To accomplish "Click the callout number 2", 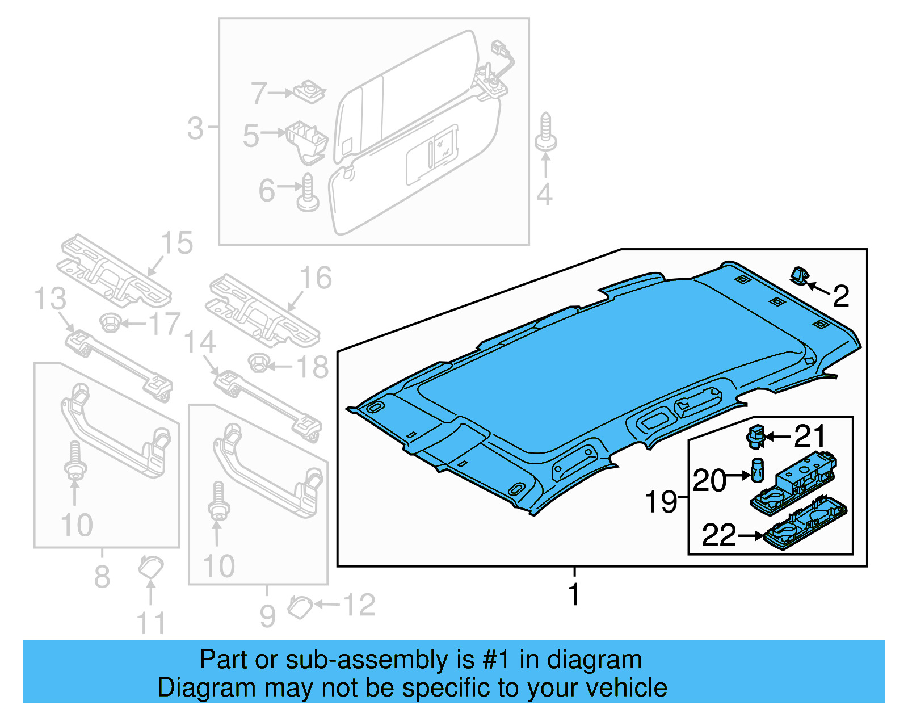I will [841, 297].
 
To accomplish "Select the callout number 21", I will [810, 437].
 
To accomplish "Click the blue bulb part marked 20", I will [757, 471].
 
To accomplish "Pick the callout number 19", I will [661, 502].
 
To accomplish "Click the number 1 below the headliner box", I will [574, 594].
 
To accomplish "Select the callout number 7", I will [259, 93].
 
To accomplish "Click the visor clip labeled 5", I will [306, 140].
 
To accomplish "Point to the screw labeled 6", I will [308, 194].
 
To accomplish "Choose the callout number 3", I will [195, 128].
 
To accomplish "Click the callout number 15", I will [177, 244].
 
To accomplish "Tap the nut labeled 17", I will [110, 323].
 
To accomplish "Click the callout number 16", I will [316, 279].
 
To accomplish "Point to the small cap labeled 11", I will [151, 566].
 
